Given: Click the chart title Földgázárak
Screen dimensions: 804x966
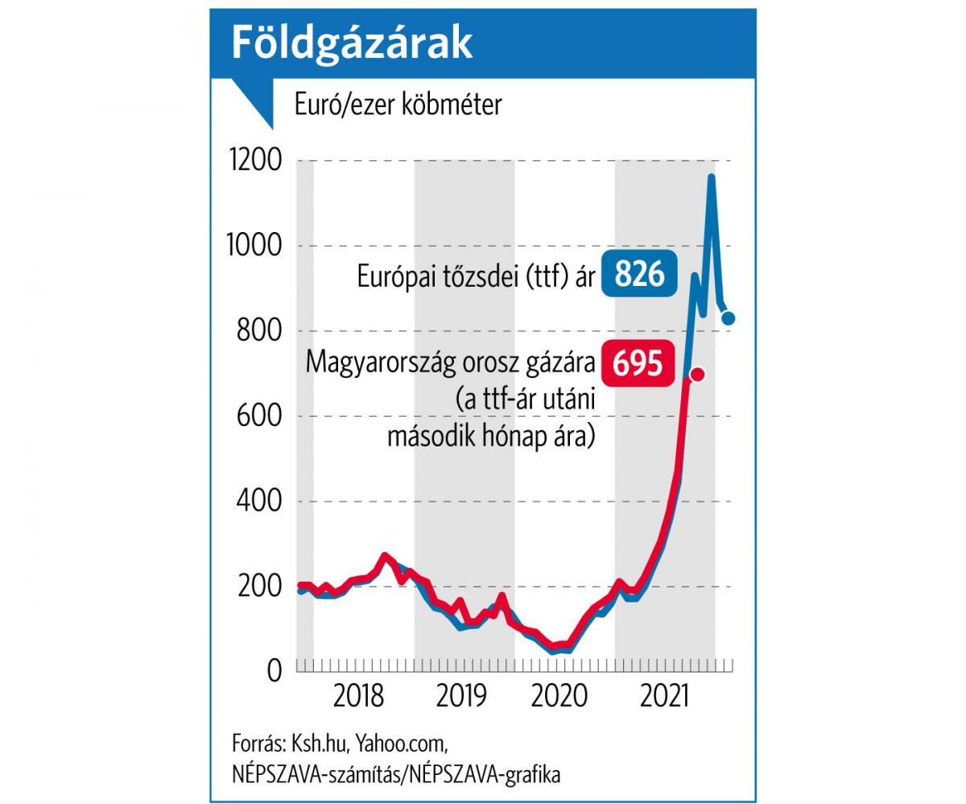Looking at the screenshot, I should click(352, 44).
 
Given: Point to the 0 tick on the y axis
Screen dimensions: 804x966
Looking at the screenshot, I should click(274, 671).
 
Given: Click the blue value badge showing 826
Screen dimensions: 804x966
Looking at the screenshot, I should click(640, 274).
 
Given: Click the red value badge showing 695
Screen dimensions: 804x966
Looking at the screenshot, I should click(638, 363).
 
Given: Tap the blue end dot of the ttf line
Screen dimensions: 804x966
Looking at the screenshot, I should click(728, 318).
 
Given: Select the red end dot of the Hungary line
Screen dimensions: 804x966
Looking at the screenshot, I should click(698, 374).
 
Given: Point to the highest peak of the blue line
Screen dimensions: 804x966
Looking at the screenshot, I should click(712, 177).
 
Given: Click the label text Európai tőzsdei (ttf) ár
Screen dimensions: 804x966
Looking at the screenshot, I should click(476, 276).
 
